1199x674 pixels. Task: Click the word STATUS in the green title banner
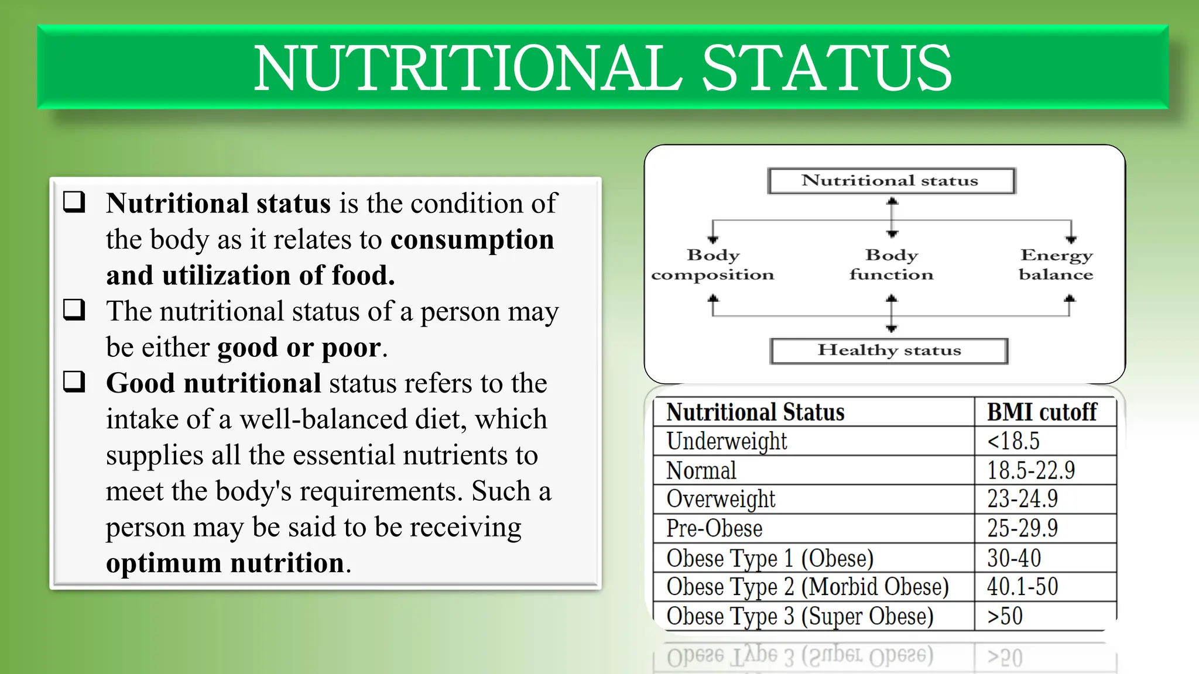(x=827, y=68)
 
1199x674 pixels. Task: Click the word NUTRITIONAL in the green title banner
(x=467, y=68)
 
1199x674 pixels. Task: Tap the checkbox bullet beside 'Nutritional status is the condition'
(x=74, y=202)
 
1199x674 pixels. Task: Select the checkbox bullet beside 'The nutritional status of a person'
(x=74, y=310)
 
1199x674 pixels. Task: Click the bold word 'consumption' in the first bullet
(x=472, y=240)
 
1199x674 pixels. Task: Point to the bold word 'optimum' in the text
(x=163, y=563)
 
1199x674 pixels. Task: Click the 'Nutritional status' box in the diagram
(x=890, y=181)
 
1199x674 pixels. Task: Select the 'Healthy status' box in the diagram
(x=889, y=350)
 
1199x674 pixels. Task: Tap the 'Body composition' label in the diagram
(x=712, y=264)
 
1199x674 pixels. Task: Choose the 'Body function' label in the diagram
(x=891, y=264)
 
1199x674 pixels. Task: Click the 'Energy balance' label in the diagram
(x=1056, y=264)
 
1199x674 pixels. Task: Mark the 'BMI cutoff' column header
(x=1042, y=412)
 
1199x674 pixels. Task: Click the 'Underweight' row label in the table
(x=727, y=441)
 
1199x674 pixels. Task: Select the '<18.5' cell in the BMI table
(x=1013, y=441)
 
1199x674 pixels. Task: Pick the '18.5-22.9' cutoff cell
(x=1031, y=470)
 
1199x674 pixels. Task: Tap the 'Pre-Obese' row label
(x=714, y=528)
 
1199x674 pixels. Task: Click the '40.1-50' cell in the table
(x=1022, y=587)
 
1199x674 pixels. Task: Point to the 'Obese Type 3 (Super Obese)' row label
(x=800, y=616)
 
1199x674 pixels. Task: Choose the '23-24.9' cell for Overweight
(x=1022, y=499)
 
